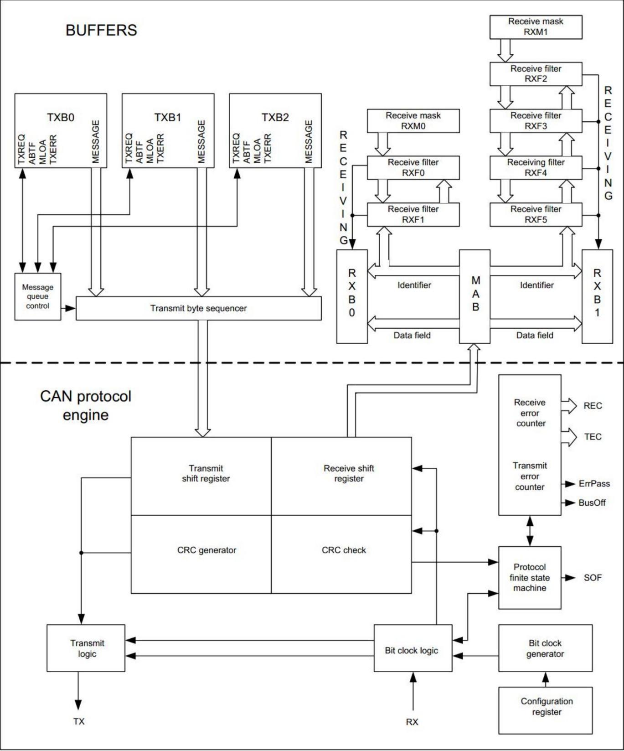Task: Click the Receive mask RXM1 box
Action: click(x=536, y=27)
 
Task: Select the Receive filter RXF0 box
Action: click(x=413, y=167)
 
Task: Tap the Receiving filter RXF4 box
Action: click(x=536, y=167)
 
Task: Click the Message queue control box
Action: click(x=37, y=296)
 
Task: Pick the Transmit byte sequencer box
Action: click(x=198, y=308)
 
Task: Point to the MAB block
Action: click(x=474, y=296)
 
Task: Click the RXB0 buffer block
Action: click(x=352, y=296)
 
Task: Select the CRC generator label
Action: click(x=206, y=550)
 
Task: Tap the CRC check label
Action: click(x=344, y=550)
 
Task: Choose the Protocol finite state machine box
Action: click(x=529, y=577)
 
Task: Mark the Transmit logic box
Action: click(x=86, y=648)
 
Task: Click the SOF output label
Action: click(x=593, y=578)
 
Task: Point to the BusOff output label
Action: click(x=592, y=503)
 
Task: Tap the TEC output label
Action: click(x=593, y=437)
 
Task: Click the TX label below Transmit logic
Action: click(x=79, y=721)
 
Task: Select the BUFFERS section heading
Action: click(x=101, y=30)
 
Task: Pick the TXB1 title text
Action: click(x=168, y=118)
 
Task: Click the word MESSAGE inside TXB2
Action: click(x=309, y=141)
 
